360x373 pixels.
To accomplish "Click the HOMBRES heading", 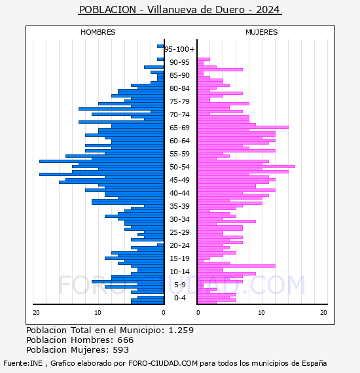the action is click(98, 32).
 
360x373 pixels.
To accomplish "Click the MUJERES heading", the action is click(262, 32).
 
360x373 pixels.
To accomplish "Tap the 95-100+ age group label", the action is click(179, 49).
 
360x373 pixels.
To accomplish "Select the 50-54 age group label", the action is click(179, 167).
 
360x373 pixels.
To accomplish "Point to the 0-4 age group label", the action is click(179, 298).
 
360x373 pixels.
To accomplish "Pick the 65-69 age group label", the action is click(179, 128).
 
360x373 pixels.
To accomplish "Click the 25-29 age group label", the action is click(179, 232).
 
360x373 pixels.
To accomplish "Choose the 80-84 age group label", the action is click(179, 88).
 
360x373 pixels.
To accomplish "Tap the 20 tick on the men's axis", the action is click(36, 313).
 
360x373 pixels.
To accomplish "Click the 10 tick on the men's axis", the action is click(98, 313).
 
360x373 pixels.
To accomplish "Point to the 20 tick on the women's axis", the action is click(323, 313).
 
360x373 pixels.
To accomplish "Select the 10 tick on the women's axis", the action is click(262, 313).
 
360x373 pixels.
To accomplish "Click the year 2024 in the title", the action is click(268, 10).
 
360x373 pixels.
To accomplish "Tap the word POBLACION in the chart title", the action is click(107, 10).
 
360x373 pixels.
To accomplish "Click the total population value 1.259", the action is click(181, 330).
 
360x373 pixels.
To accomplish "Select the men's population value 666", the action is click(126, 340).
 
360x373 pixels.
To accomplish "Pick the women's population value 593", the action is click(121, 350).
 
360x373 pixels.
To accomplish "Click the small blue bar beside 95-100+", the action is click(160, 46).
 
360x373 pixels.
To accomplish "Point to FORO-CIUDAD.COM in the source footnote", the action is click(163, 363).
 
